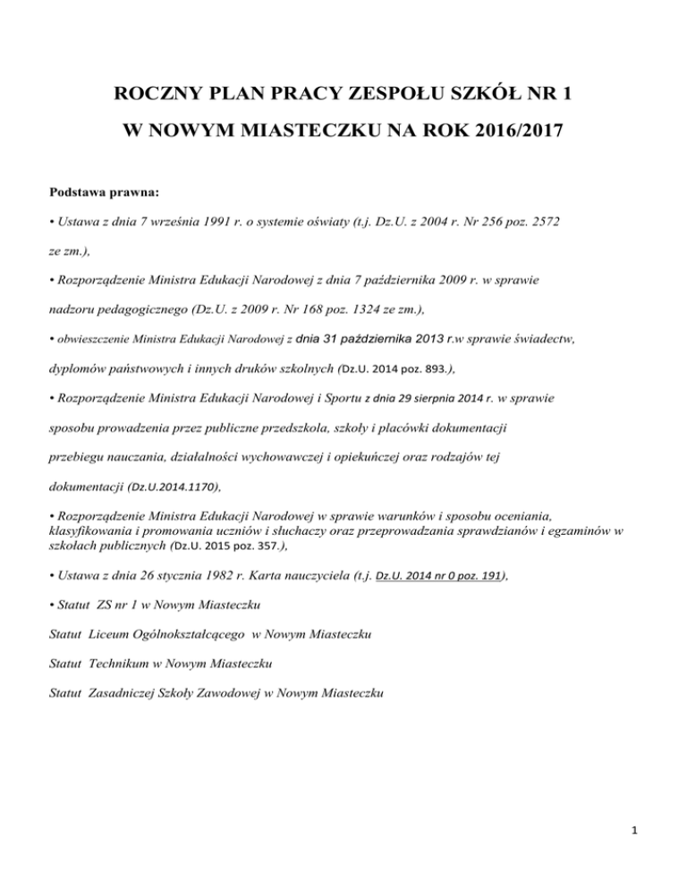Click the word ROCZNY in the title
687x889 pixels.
(x=159, y=92)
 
